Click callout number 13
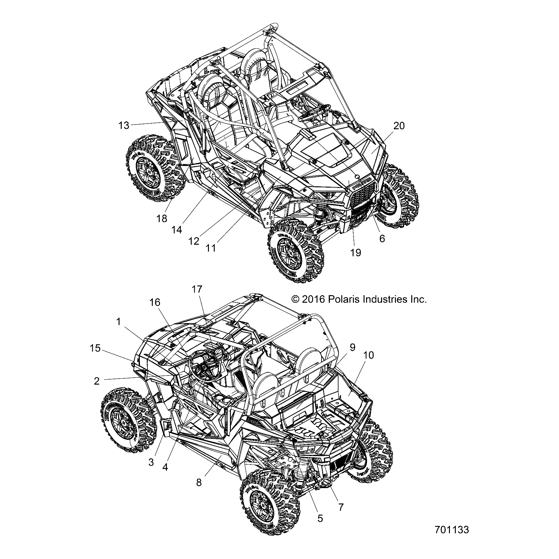(124, 125)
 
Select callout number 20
(399, 125)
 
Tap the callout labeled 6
(382, 238)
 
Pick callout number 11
(211, 248)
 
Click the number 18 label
(162, 218)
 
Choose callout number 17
(197, 289)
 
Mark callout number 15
(95, 348)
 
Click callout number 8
(199, 482)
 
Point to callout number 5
(320, 518)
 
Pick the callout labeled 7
(341, 507)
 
